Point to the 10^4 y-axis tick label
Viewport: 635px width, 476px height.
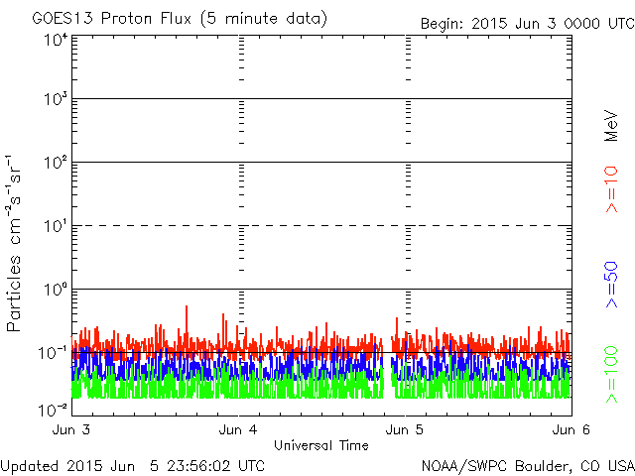[x=56, y=40]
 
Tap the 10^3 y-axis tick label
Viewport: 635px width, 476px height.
[x=56, y=100]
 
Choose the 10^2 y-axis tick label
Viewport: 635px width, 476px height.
[x=56, y=163]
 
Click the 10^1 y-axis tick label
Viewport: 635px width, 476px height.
[x=56, y=226]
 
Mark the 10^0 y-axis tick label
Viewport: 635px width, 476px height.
[x=56, y=290]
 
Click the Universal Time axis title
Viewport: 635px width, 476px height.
[x=320, y=445]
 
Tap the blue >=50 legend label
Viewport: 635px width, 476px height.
[x=612, y=285]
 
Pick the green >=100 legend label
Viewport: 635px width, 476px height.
[x=612, y=371]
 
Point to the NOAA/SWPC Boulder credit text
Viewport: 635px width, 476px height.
[x=527, y=465]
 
